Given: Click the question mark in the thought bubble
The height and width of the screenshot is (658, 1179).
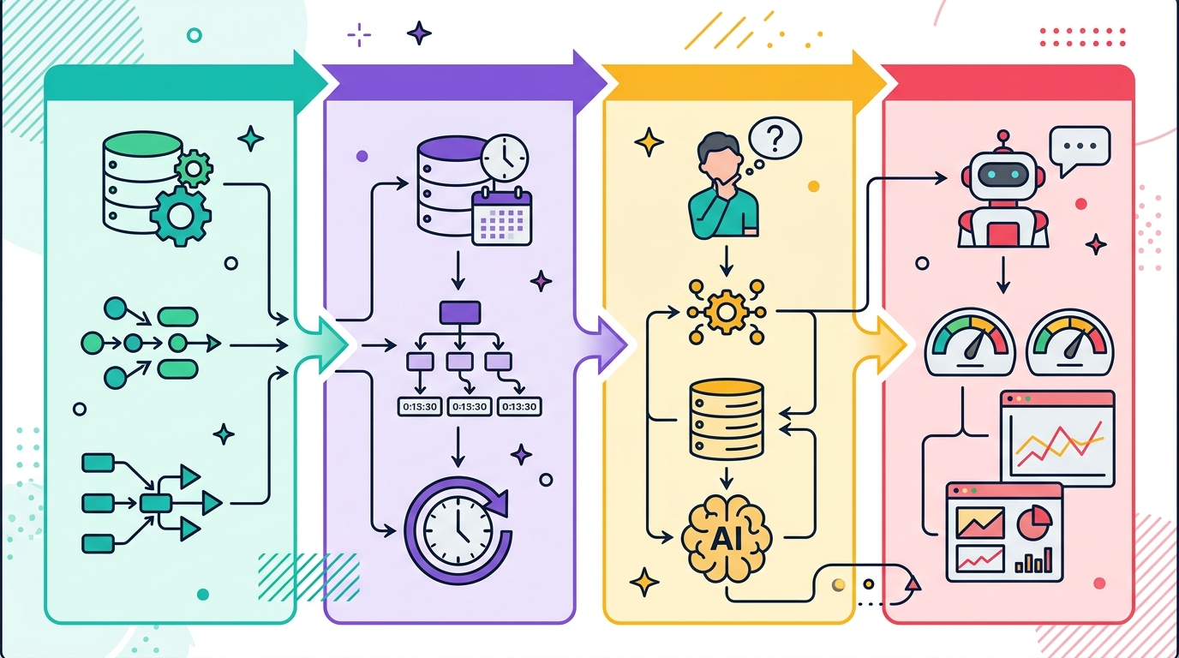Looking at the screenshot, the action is (x=775, y=139).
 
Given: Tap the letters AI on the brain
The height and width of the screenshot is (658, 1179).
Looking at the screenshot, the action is (x=727, y=540).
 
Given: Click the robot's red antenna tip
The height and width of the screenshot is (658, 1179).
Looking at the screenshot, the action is (x=1003, y=136).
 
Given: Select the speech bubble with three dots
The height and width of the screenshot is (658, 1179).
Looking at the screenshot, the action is (x=1080, y=149).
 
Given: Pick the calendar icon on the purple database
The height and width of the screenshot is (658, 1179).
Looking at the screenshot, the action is (x=501, y=217).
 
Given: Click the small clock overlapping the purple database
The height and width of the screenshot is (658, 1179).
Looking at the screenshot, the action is (x=505, y=159).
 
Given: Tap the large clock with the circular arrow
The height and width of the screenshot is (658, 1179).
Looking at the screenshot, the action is (x=458, y=530).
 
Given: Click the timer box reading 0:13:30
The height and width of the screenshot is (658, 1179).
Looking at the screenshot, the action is (x=519, y=407).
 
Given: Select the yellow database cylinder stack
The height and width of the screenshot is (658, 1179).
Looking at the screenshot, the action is (x=726, y=419).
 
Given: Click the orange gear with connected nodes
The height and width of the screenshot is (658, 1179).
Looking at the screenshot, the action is (x=727, y=313).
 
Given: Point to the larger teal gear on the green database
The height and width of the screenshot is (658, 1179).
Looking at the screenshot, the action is (x=181, y=216).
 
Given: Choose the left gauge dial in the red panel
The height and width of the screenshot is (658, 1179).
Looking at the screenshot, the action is (x=970, y=342).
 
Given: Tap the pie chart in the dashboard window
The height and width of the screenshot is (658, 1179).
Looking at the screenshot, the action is (x=1035, y=521).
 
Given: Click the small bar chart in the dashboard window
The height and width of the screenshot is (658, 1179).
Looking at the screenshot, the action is (x=1033, y=560).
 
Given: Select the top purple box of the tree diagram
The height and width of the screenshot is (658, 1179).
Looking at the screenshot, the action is (x=460, y=312).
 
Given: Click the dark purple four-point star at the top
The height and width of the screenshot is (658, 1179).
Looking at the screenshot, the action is (x=420, y=33).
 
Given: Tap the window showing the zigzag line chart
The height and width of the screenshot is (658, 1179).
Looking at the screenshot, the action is (x=1058, y=439).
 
